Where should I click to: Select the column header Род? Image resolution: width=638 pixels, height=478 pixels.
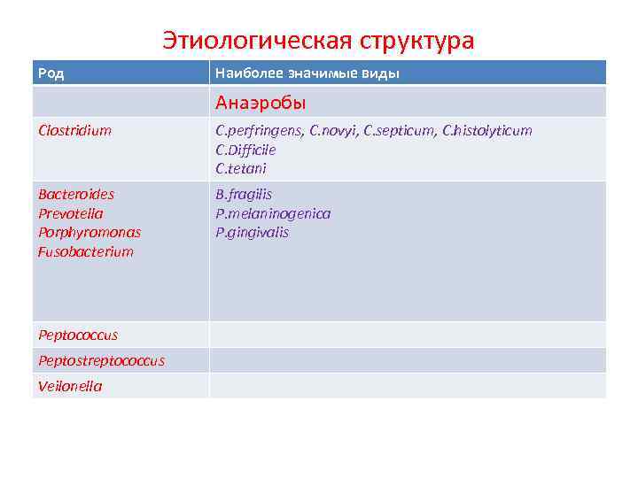(x=51, y=73)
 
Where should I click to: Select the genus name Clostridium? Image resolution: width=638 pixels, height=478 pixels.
(x=75, y=131)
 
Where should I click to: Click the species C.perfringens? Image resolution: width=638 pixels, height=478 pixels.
(x=260, y=131)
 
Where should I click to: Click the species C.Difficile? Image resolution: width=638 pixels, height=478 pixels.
(x=245, y=150)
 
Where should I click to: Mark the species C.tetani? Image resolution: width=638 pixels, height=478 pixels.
(x=241, y=168)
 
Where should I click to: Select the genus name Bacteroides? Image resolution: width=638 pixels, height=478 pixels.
(x=76, y=195)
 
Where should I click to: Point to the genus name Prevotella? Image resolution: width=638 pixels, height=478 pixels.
(x=71, y=213)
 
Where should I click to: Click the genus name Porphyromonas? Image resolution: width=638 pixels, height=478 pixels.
(x=89, y=232)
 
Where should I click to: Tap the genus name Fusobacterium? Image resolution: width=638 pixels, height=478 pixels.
(x=86, y=251)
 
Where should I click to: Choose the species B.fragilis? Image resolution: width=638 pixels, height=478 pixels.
(x=244, y=195)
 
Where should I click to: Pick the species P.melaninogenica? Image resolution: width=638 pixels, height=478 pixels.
(x=273, y=213)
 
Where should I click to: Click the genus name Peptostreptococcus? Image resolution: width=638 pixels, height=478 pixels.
(x=101, y=360)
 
